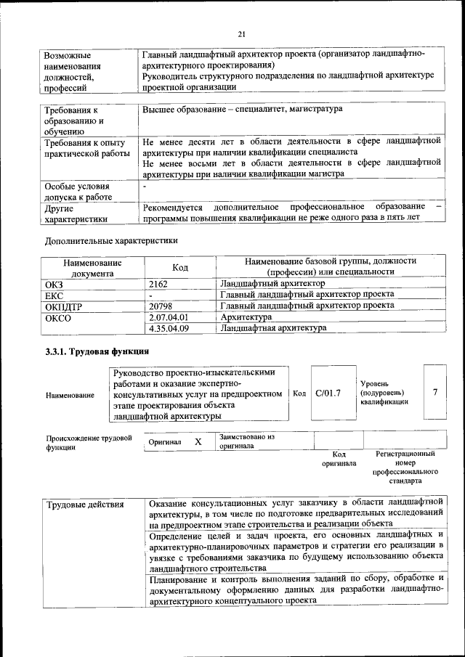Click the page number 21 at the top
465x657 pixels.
[x=242, y=33]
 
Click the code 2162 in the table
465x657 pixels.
[x=159, y=284]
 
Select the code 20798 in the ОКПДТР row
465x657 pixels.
[x=161, y=306]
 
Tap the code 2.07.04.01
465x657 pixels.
[x=168, y=317]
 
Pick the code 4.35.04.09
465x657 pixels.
[x=168, y=328]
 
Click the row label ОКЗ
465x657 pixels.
[x=55, y=284]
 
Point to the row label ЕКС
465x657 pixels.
[x=54, y=295]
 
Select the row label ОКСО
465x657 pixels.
[x=59, y=317]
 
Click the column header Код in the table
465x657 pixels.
[x=180, y=267]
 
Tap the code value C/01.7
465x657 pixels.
[x=328, y=393]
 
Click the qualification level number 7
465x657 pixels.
[x=435, y=392]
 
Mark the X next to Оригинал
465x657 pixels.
[x=198, y=441]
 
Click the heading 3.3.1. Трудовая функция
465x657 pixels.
[x=92, y=352]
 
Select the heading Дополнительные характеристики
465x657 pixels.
[x=111, y=240]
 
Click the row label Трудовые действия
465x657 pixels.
[x=85, y=505]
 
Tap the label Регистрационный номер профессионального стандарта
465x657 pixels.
[x=405, y=467]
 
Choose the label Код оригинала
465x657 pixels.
[x=339, y=458]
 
